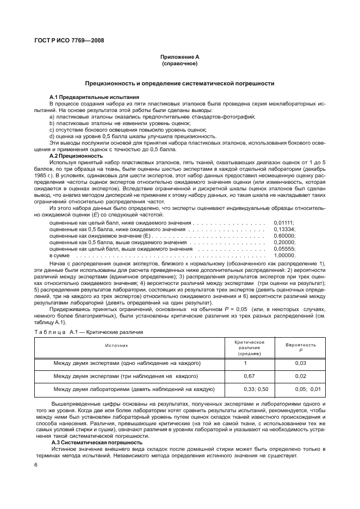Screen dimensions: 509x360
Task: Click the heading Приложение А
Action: (179, 57)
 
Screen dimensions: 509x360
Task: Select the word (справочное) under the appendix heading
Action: (179, 64)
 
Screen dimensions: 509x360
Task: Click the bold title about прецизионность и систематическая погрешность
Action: (179, 83)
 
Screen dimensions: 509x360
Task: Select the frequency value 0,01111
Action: (283, 222)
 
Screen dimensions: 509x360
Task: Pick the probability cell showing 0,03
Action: (301, 363)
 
